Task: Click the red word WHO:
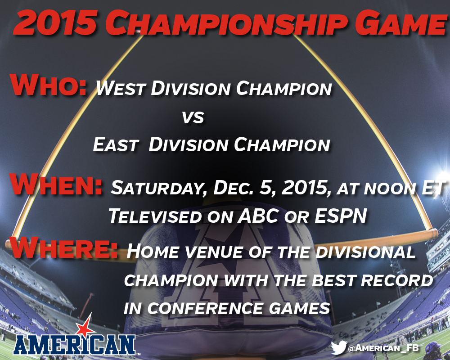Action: [x=48, y=85]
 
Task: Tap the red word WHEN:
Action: [x=56, y=184]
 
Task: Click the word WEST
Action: [x=121, y=88]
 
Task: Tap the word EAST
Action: [x=116, y=144]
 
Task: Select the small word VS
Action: [x=193, y=118]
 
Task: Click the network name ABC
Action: [x=257, y=216]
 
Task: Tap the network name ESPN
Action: [x=341, y=216]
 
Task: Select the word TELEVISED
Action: [x=155, y=216]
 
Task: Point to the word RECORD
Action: [x=396, y=281]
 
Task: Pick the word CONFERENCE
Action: [x=205, y=309]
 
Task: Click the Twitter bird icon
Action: [x=339, y=348]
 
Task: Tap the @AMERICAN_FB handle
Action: [x=383, y=348]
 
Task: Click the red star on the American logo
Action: [x=85, y=328]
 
